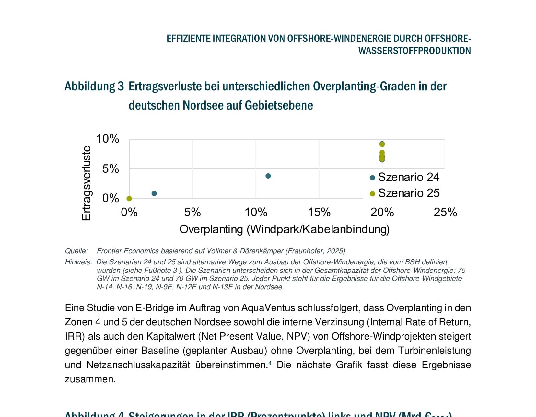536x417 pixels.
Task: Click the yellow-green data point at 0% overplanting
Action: [x=129, y=198]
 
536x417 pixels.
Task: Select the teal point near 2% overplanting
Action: [x=154, y=193]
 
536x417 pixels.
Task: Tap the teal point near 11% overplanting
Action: [x=268, y=176]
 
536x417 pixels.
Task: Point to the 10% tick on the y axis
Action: [x=108, y=139]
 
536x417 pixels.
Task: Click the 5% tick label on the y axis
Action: [x=111, y=169]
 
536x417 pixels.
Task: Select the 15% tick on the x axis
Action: [x=319, y=212]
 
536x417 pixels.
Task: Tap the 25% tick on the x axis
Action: [x=445, y=212]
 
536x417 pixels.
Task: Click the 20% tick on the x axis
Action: [x=382, y=212]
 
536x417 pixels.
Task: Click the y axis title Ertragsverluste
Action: [x=86, y=183]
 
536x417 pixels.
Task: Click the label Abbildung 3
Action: [x=94, y=86]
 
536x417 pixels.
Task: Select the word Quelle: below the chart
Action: [x=76, y=251]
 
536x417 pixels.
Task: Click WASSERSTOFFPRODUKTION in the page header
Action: [x=414, y=51]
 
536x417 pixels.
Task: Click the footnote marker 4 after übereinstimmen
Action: [x=270, y=363]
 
